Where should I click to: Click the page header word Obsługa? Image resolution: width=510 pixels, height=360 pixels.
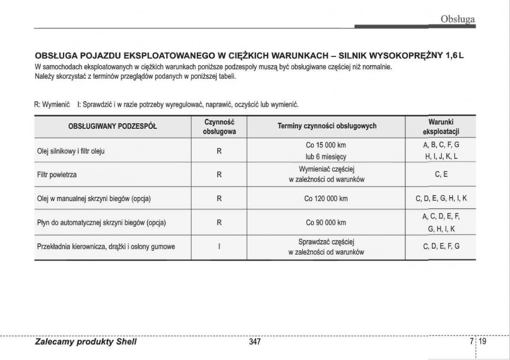pyautogui.click(x=457, y=19)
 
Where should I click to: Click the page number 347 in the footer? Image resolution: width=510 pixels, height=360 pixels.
pyautogui.click(x=255, y=342)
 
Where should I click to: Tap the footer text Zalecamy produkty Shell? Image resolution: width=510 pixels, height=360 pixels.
pyautogui.click(x=86, y=342)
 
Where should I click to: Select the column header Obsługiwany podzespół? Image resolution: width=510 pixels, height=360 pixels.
pyautogui.click(x=113, y=126)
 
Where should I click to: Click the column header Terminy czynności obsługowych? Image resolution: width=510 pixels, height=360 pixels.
pyautogui.click(x=327, y=126)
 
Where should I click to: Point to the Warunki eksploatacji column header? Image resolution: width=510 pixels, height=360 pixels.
pyautogui.click(x=441, y=127)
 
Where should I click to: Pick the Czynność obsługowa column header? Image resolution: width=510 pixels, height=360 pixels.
pyautogui.click(x=219, y=127)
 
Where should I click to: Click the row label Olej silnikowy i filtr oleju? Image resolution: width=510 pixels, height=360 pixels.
pyautogui.click(x=71, y=151)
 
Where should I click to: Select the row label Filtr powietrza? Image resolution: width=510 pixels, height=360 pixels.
pyautogui.click(x=57, y=174)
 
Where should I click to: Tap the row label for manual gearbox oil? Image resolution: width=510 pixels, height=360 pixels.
pyautogui.click(x=94, y=198)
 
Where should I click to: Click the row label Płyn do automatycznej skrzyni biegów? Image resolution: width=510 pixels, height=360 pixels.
pyautogui.click(x=102, y=222)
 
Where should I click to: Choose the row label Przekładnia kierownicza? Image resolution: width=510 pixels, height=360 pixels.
pyautogui.click(x=106, y=247)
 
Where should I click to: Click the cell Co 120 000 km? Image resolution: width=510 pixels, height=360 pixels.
pyautogui.click(x=326, y=198)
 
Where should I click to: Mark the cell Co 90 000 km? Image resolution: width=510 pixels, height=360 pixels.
pyautogui.click(x=326, y=222)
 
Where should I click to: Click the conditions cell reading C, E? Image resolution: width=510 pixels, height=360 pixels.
pyautogui.click(x=441, y=174)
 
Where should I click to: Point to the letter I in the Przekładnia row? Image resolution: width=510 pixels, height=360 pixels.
pyautogui.click(x=219, y=247)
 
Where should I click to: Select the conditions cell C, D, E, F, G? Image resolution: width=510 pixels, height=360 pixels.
pyautogui.click(x=441, y=246)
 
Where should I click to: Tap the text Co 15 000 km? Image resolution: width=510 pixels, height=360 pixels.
pyautogui.click(x=326, y=145)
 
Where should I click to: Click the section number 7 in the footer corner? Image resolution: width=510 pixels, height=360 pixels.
pyautogui.click(x=472, y=341)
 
